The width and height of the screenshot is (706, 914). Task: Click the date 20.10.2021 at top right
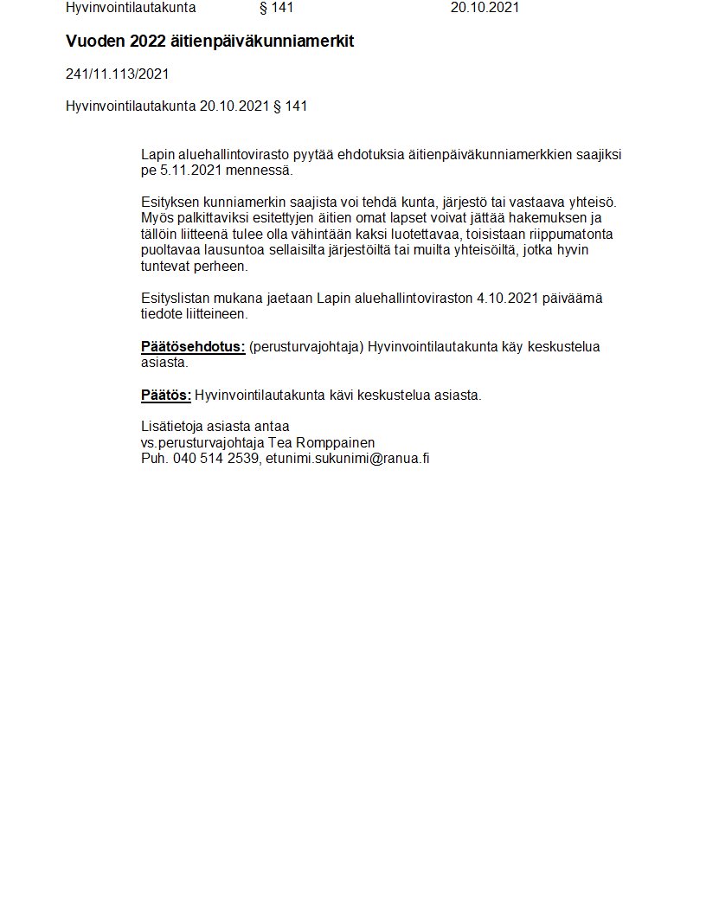[x=485, y=8]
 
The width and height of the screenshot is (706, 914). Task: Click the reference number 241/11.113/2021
[x=117, y=74]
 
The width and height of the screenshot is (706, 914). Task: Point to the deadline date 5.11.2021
[x=190, y=171]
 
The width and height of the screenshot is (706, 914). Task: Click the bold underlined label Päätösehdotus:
[x=193, y=347]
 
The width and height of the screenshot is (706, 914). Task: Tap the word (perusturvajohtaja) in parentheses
[x=306, y=347]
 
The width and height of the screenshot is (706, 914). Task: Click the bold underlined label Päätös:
[x=166, y=396]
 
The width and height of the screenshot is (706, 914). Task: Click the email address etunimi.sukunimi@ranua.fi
[x=347, y=459]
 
